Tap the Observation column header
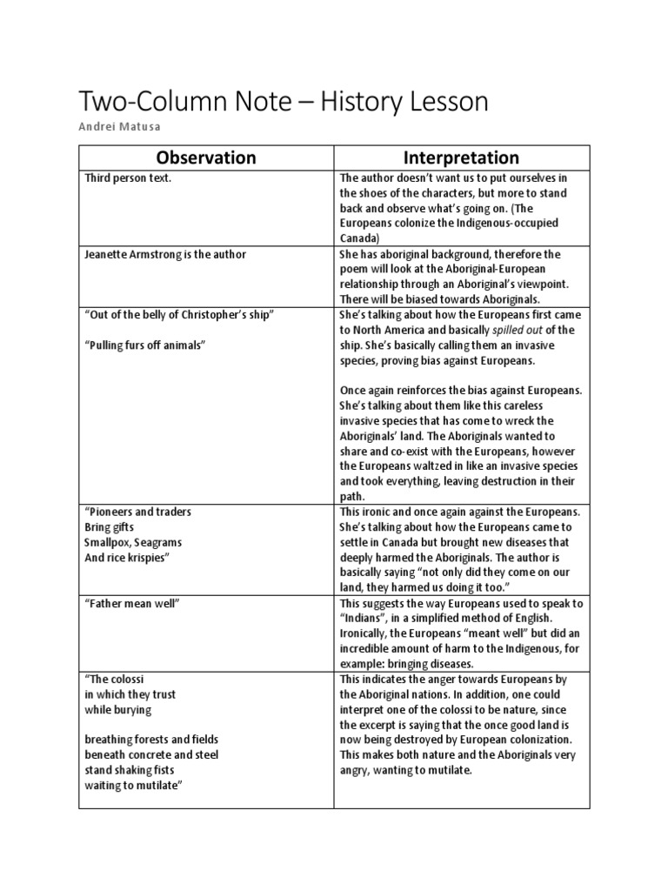tap(206, 157)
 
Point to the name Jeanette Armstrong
tap(129, 254)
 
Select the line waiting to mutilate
tap(132, 785)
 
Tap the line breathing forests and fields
tap(149, 740)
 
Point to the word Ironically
tap(365, 633)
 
